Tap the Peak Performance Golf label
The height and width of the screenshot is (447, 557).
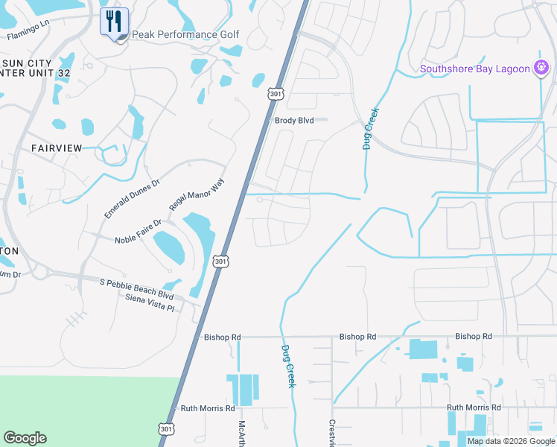point(185,34)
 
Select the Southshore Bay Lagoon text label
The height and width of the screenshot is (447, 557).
point(474,69)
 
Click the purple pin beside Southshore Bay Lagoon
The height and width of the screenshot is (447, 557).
point(542,69)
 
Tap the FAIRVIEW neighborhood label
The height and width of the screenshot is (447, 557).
point(57,148)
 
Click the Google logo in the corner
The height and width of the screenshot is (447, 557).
point(25,438)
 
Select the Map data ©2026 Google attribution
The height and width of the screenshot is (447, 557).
point(511,441)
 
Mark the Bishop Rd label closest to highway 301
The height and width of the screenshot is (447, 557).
point(223,337)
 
